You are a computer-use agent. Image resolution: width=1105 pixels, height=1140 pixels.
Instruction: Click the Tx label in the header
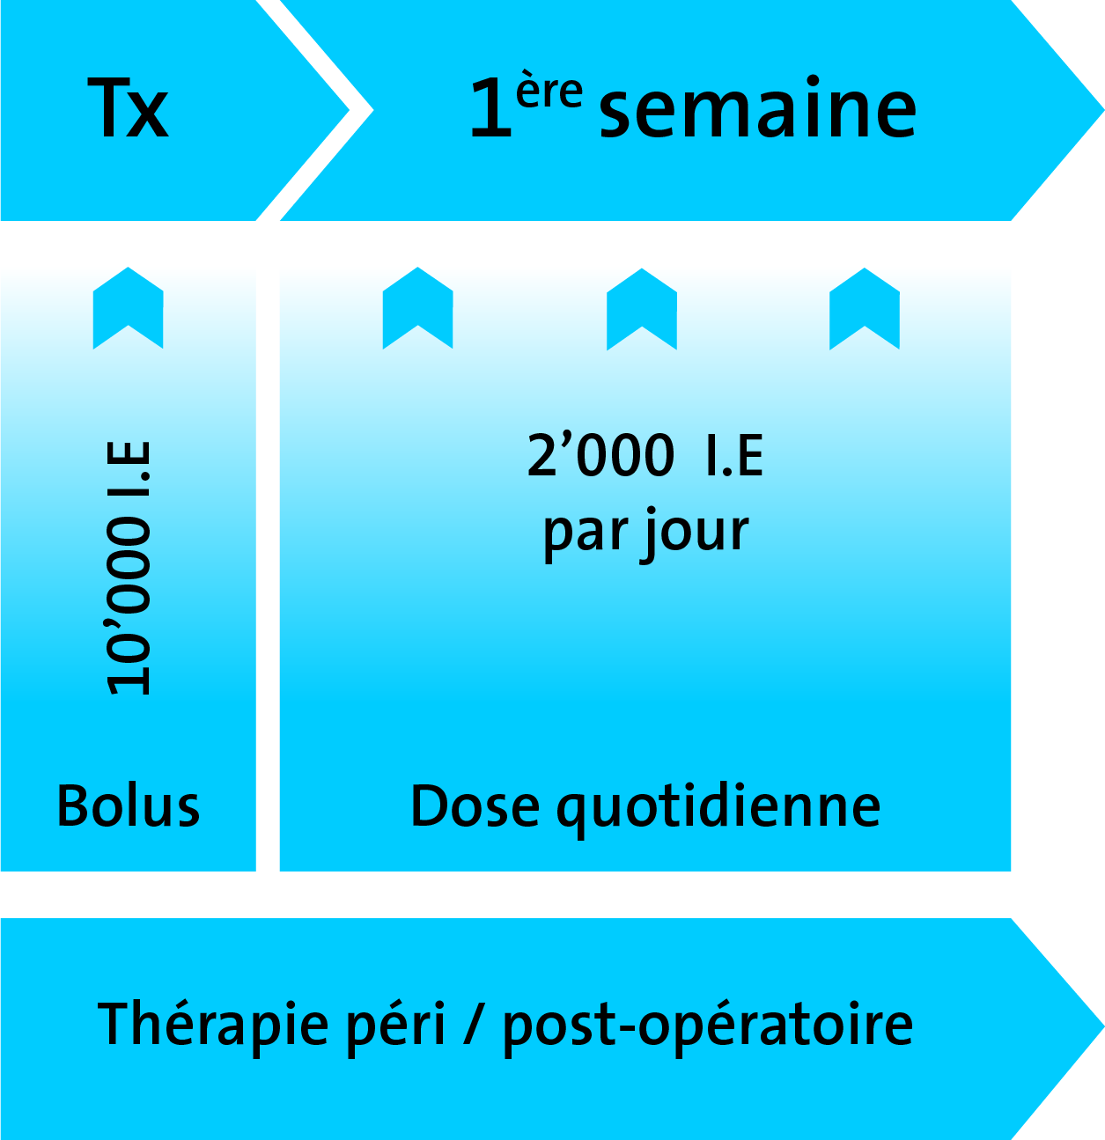pos(129,107)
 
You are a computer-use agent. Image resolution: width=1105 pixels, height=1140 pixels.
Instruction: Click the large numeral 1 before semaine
pos(491,107)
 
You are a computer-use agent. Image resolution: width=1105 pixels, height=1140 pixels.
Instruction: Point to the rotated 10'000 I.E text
pos(129,568)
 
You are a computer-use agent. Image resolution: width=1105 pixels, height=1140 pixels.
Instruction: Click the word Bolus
pos(129,806)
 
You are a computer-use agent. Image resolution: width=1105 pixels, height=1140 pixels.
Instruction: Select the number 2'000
pos(600,454)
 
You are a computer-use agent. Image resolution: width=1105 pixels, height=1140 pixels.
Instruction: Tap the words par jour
pos(645,533)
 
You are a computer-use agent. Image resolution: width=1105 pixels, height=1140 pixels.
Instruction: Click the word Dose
pos(475,806)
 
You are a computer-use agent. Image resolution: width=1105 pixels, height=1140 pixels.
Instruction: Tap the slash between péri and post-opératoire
pos(474,1034)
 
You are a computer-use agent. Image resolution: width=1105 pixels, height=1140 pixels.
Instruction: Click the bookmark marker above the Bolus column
pos(129,308)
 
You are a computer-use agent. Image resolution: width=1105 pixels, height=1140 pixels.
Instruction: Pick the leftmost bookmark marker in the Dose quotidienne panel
pos(417,308)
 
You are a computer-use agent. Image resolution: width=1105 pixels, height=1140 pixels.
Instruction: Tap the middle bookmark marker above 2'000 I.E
pos(642,309)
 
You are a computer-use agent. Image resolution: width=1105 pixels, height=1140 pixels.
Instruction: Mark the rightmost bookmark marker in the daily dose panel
pos(865,309)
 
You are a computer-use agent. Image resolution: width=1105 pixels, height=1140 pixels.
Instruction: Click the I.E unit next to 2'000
pos(734,454)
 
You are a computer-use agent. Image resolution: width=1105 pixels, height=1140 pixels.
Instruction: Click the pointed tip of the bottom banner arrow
pos(1103,1026)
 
